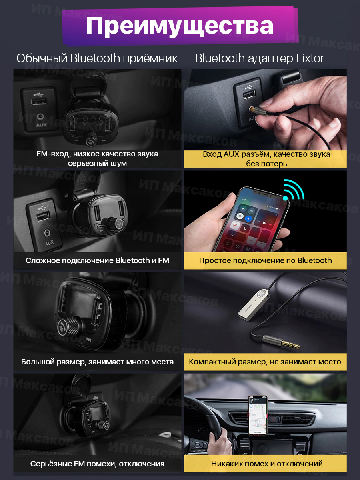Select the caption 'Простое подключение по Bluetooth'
coord(265,260)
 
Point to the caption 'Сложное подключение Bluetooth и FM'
coord(98,260)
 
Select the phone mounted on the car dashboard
coord(258,415)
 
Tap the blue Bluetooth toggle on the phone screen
coord(248,218)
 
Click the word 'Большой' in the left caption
coord(37,362)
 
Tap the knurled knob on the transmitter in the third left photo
coord(69,326)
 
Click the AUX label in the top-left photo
coord(41,125)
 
